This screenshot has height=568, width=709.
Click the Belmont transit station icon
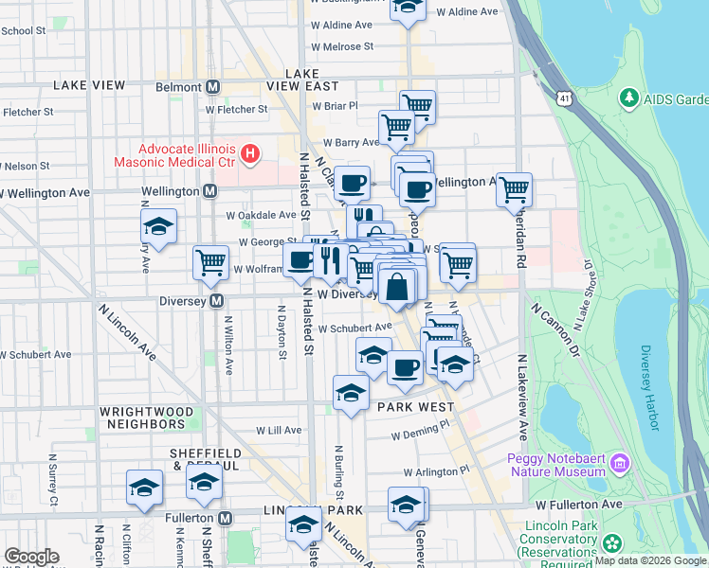213,87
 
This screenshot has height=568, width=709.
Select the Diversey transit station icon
217,301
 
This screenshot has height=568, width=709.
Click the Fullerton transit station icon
226,518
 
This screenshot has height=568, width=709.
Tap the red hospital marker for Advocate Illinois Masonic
250,153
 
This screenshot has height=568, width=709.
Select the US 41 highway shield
565,98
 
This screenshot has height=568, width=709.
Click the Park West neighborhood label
415,407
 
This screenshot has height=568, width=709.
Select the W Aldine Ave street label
466,12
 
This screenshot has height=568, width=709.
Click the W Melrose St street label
342,45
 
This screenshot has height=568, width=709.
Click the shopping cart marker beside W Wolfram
209,263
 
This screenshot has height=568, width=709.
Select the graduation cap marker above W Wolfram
158,226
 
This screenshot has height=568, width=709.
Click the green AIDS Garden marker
627,98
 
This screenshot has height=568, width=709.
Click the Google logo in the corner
31,557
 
